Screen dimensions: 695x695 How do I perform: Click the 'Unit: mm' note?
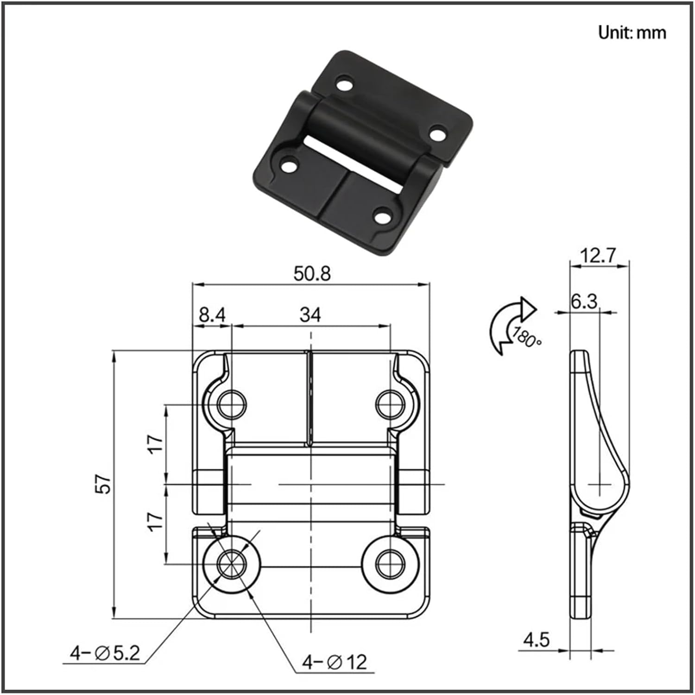[x=632, y=32]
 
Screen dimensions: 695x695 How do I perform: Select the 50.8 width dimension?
[x=312, y=273]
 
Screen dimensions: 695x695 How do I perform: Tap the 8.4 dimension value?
[x=212, y=315]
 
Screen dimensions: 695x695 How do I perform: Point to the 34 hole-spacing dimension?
[x=310, y=315]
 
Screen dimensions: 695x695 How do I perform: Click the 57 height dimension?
[x=106, y=484]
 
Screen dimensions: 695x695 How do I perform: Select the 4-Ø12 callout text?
[x=335, y=662]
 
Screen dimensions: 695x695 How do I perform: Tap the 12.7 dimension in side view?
[x=599, y=255]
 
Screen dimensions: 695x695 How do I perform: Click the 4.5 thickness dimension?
[x=536, y=640]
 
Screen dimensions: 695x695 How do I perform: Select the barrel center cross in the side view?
[x=600, y=485]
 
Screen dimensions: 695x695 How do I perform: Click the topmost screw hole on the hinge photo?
[x=344, y=84]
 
